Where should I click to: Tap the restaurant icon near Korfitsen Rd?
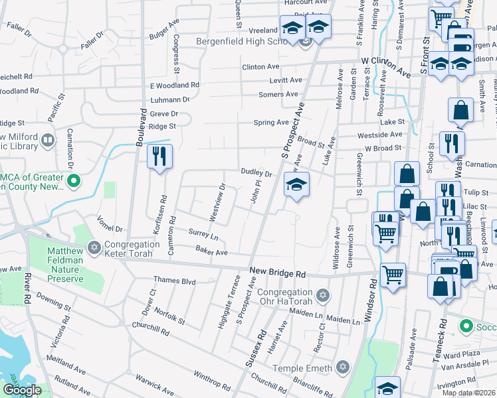click(159, 157)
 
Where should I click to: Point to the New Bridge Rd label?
click(277, 273)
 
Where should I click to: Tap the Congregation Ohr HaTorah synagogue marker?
click(323, 294)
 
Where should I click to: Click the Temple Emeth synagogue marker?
click(342, 366)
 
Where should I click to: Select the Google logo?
click(22, 390)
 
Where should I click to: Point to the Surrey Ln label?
click(203, 235)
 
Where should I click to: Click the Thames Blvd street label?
click(175, 281)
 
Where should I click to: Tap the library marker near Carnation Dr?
click(47, 140)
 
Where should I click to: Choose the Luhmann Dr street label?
click(171, 99)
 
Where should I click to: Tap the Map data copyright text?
click(469, 393)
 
